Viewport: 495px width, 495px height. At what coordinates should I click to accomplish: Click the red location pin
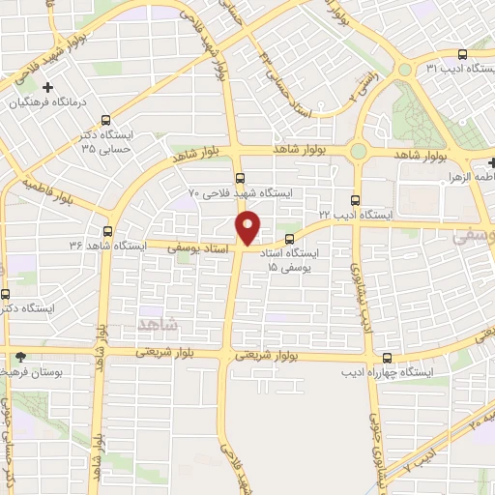click(x=248, y=227)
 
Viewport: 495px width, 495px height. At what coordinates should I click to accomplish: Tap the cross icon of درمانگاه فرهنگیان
click(x=46, y=86)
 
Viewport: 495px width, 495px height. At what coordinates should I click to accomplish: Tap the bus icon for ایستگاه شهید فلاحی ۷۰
click(x=251, y=175)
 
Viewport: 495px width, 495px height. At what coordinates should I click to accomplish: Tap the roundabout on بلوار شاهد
click(x=360, y=151)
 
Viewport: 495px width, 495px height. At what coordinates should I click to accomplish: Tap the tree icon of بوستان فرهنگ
click(x=21, y=356)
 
